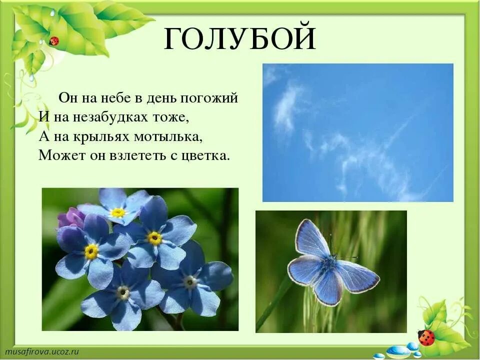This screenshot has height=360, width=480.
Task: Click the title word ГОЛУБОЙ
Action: (x=240, y=38)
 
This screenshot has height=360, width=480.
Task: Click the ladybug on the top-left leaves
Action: (x=54, y=40)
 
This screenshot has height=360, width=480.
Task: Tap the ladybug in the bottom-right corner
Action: (x=426, y=337)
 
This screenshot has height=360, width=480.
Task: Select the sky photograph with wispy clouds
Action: (x=357, y=132)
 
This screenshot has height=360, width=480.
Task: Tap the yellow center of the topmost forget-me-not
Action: (x=118, y=212)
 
